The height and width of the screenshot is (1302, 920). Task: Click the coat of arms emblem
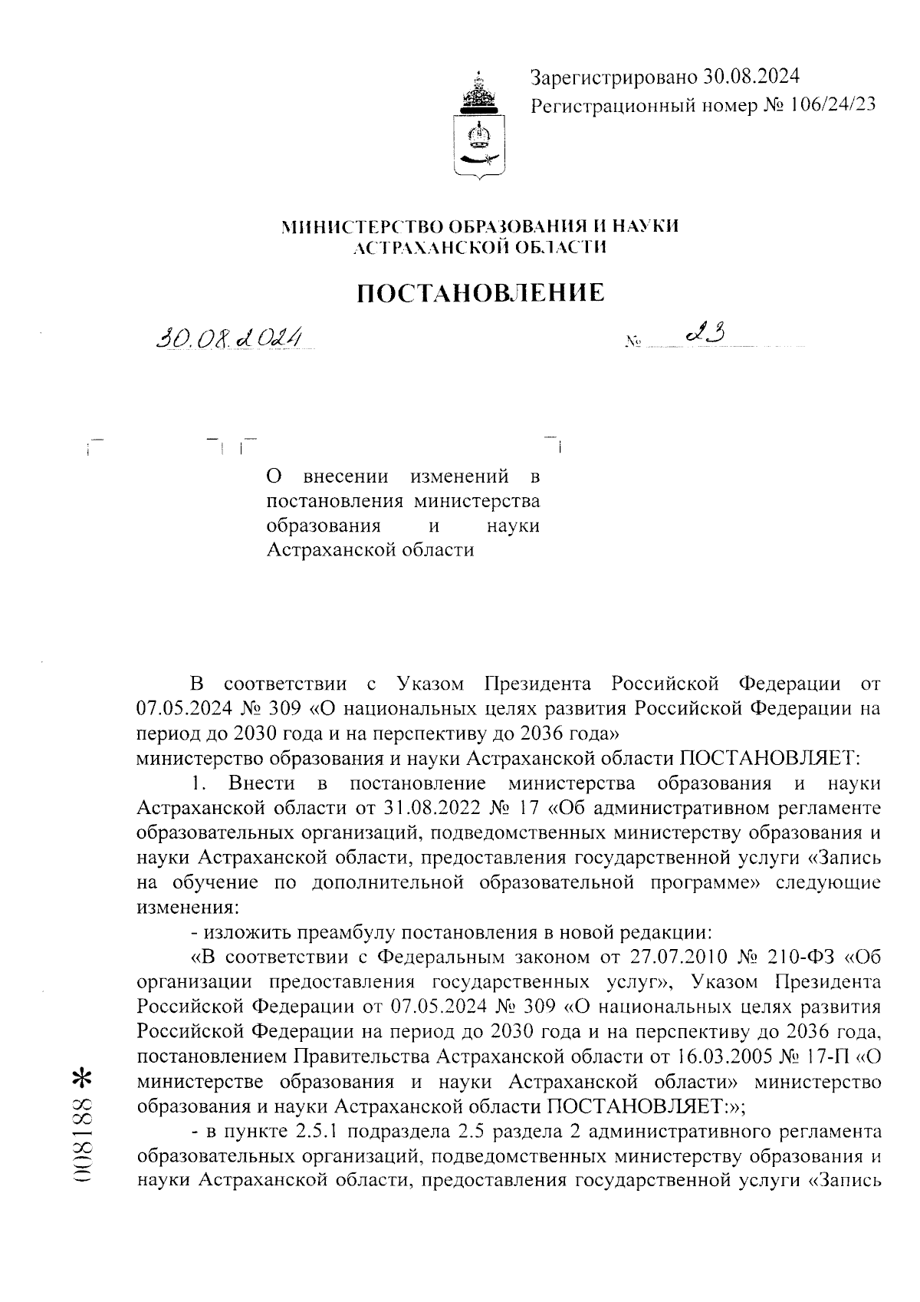(481, 127)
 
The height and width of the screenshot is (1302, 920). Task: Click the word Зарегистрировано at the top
(614, 77)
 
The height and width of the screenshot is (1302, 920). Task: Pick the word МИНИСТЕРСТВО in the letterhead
(362, 226)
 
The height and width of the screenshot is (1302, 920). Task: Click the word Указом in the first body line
(432, 683)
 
